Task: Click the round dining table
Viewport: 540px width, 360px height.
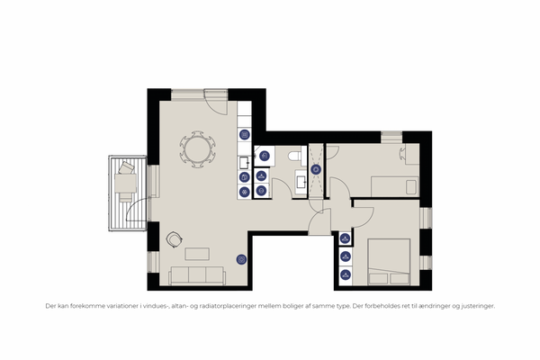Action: [x=198, y=149]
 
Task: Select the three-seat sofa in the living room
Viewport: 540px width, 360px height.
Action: [x=197, y=275]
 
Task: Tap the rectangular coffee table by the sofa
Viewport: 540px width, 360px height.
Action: [x=197, y=254]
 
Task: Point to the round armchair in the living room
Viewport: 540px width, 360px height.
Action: [x=174, y=239]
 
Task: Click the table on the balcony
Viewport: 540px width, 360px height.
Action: [x=126, y=183]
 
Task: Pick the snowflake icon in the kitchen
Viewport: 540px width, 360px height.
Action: [x=245, y=192]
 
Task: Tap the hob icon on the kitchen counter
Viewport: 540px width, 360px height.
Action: [x=245, y=134]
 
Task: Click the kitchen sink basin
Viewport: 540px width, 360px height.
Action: [x=244, y=162]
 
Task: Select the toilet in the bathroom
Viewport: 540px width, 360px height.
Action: [x=295, y=156]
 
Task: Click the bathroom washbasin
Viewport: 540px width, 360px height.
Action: [x=301, y=182]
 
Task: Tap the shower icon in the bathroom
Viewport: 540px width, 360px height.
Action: [x=316, y=169]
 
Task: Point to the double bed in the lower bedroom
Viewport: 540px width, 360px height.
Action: [x=389, y=262]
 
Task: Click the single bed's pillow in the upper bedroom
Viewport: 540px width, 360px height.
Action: [x=411, y=188]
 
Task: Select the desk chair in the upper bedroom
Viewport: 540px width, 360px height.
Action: [x=402, y=154]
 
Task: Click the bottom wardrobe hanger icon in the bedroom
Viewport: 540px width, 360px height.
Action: [x=345, y=274]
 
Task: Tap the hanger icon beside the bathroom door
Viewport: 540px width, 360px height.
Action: [x=261, y=176]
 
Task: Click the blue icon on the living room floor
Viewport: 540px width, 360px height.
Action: [x=241, y=259]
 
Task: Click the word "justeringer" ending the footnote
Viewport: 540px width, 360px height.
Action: [x=479, y=306]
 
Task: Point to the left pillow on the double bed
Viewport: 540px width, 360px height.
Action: [x=378, y=279]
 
